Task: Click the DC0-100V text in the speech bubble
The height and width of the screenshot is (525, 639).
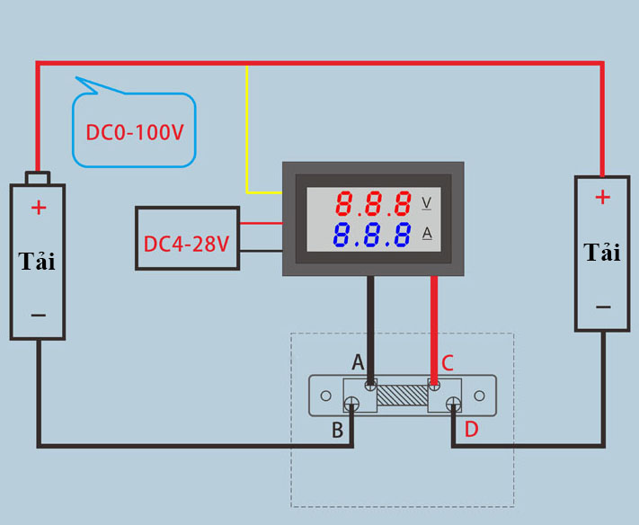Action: [x=134, y=133]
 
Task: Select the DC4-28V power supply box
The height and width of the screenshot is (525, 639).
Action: [x=187, y=238]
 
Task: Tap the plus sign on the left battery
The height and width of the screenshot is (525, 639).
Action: [x=38, y=208]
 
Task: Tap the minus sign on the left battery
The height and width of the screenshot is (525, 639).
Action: [x=38, y=315]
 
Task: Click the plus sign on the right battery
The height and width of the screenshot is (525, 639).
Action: [x=602, y=197]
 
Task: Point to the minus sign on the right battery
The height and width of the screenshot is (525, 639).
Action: [x=602, y=307]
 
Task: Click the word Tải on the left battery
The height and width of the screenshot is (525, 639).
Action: [x=37, y=261]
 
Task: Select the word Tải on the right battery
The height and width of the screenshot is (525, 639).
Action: [x=602, y=252]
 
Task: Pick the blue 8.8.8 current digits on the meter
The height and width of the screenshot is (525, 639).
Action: [x=373, y=236]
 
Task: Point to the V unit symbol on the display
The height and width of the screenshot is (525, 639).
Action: [x=426, y=203]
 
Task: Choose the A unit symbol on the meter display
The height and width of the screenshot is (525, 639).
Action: [x=426, y=235]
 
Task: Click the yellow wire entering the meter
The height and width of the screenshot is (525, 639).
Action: [x=248, y=135]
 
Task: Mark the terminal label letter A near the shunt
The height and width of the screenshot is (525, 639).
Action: [x=358, y=363]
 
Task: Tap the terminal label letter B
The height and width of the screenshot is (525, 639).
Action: [x=338, y=431]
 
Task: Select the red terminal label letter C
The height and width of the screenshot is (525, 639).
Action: [x=448, y=363]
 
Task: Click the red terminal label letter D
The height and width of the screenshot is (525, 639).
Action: [x=471, y=430]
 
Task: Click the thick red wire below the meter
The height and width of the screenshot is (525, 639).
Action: [x=435, y=324]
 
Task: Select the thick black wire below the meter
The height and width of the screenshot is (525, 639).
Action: [x=370, y=324]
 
